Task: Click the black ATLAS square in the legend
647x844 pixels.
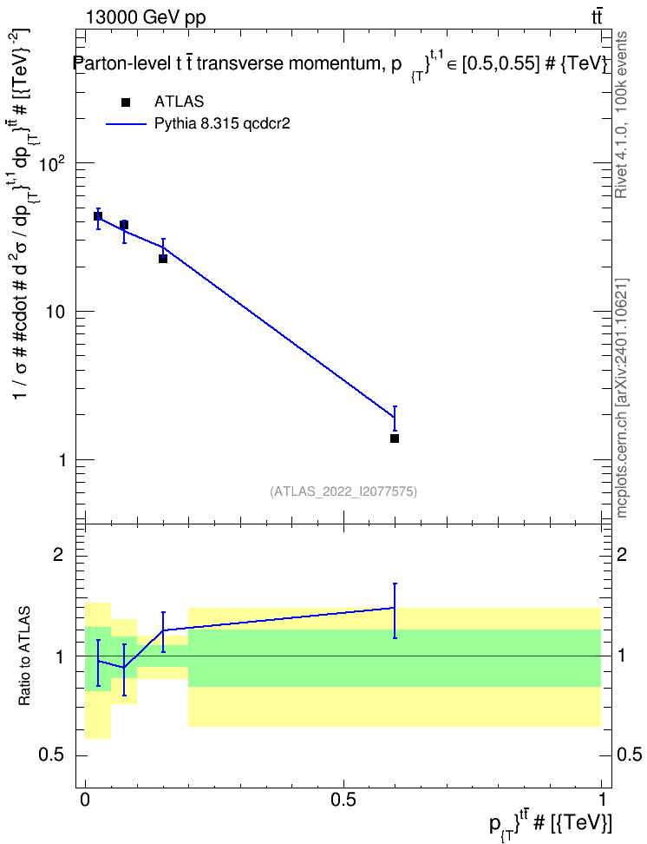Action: coord(126,102)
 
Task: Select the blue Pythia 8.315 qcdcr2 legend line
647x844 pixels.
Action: coord(127,124)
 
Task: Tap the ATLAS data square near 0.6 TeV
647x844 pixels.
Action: coord(395,438)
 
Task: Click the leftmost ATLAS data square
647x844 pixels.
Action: coord(98,216)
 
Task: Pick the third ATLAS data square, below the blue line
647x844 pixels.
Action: coord(163,259)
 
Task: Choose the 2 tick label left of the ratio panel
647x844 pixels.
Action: coord(59,554)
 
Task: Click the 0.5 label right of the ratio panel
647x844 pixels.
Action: coord(630,755)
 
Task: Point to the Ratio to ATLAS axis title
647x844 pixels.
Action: coord(24,656)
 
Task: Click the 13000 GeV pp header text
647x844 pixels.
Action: coord(146,17)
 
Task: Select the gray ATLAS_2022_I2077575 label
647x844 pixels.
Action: coord(343,491)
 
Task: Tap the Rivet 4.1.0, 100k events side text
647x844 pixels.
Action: coord(621,115)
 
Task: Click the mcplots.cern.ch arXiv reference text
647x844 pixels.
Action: coord(621,399)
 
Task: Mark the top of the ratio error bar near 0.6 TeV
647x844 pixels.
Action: coord(395,584)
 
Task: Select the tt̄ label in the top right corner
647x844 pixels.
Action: coord(597,16)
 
